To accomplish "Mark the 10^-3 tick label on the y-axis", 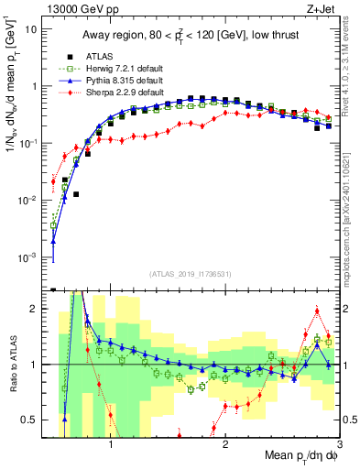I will tap(28, 257).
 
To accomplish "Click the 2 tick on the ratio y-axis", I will tap(36, 310).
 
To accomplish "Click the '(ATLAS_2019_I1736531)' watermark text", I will tap(190, 274).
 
